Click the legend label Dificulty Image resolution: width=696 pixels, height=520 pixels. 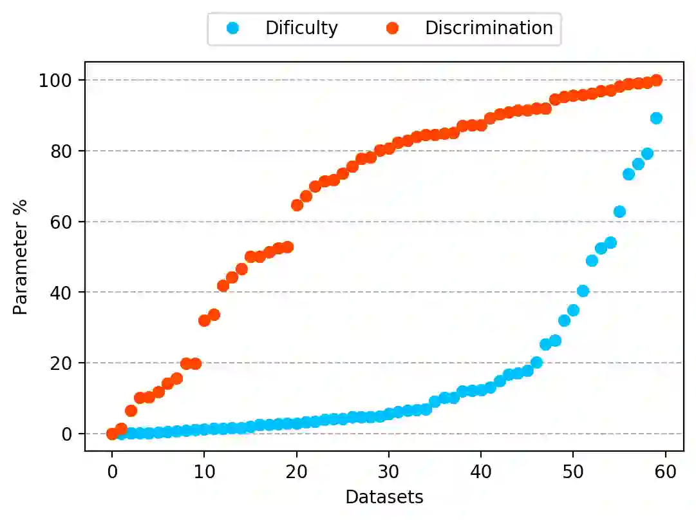coord(301,28)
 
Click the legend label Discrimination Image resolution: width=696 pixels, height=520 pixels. coord(489,28)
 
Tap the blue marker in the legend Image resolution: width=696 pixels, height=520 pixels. coord(232,28)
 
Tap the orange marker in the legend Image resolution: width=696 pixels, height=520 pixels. coord(391,28)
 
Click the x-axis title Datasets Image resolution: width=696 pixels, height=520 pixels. coord(384,497)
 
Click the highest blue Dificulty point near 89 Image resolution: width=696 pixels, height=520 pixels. coord(656,118)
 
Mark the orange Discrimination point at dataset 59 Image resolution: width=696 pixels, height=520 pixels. coord(656,81)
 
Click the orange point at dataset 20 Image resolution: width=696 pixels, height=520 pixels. coord(297,205)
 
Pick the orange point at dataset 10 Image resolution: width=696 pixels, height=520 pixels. coord(204,320)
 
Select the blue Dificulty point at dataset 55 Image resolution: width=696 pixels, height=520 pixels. coord(619,211)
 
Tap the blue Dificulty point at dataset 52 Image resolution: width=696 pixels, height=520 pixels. coord(592,260)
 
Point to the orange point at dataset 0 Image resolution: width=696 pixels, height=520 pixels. coord(112,434)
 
